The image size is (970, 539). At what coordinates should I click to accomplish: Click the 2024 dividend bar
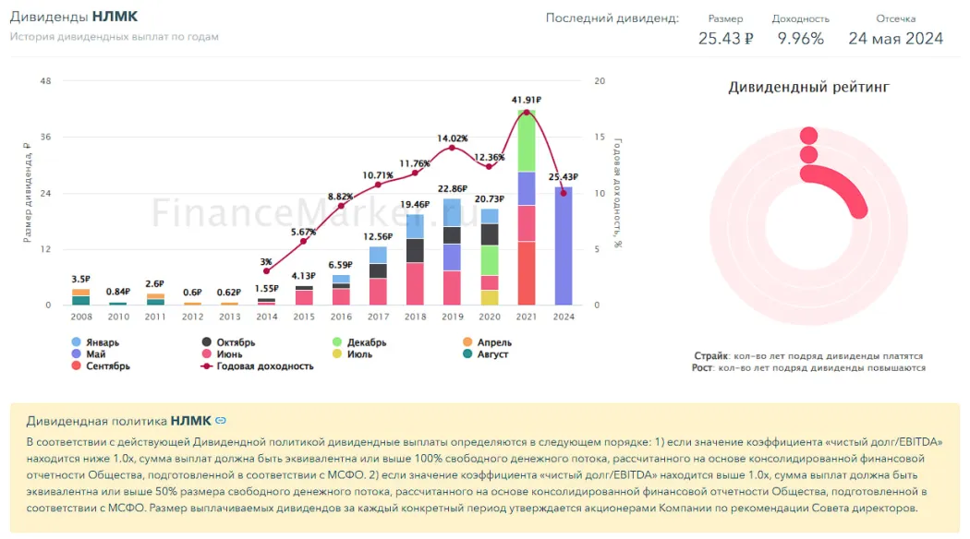click(563, 246)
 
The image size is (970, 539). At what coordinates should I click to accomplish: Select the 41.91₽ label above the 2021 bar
click(526, 100)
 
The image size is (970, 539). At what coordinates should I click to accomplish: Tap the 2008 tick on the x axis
click(80, 317)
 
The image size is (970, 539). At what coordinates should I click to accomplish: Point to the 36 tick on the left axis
click(46, 137)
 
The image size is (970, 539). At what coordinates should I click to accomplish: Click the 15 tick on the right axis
click(599, 137)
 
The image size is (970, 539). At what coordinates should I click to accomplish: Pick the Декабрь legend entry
click(366, 342)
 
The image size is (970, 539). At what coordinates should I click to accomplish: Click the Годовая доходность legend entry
click(264, 365)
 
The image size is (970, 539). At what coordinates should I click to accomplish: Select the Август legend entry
click(492, 354)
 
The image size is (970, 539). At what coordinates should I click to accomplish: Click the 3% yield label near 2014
click(266, 262)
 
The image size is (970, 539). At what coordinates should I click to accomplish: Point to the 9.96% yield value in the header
click(800, 38)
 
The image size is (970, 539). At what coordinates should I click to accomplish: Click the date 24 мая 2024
click(895, 38)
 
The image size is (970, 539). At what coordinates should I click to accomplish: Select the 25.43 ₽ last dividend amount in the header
click(725, 38)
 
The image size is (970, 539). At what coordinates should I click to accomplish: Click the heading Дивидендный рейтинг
click(808, 88)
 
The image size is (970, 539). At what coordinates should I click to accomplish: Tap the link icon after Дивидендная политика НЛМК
click(221, 422)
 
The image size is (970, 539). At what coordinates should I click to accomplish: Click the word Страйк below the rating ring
click(710, 356)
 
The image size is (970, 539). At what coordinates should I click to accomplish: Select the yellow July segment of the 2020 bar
click(489, 297)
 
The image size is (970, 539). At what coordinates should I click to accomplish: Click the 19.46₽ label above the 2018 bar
click(415, 205)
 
